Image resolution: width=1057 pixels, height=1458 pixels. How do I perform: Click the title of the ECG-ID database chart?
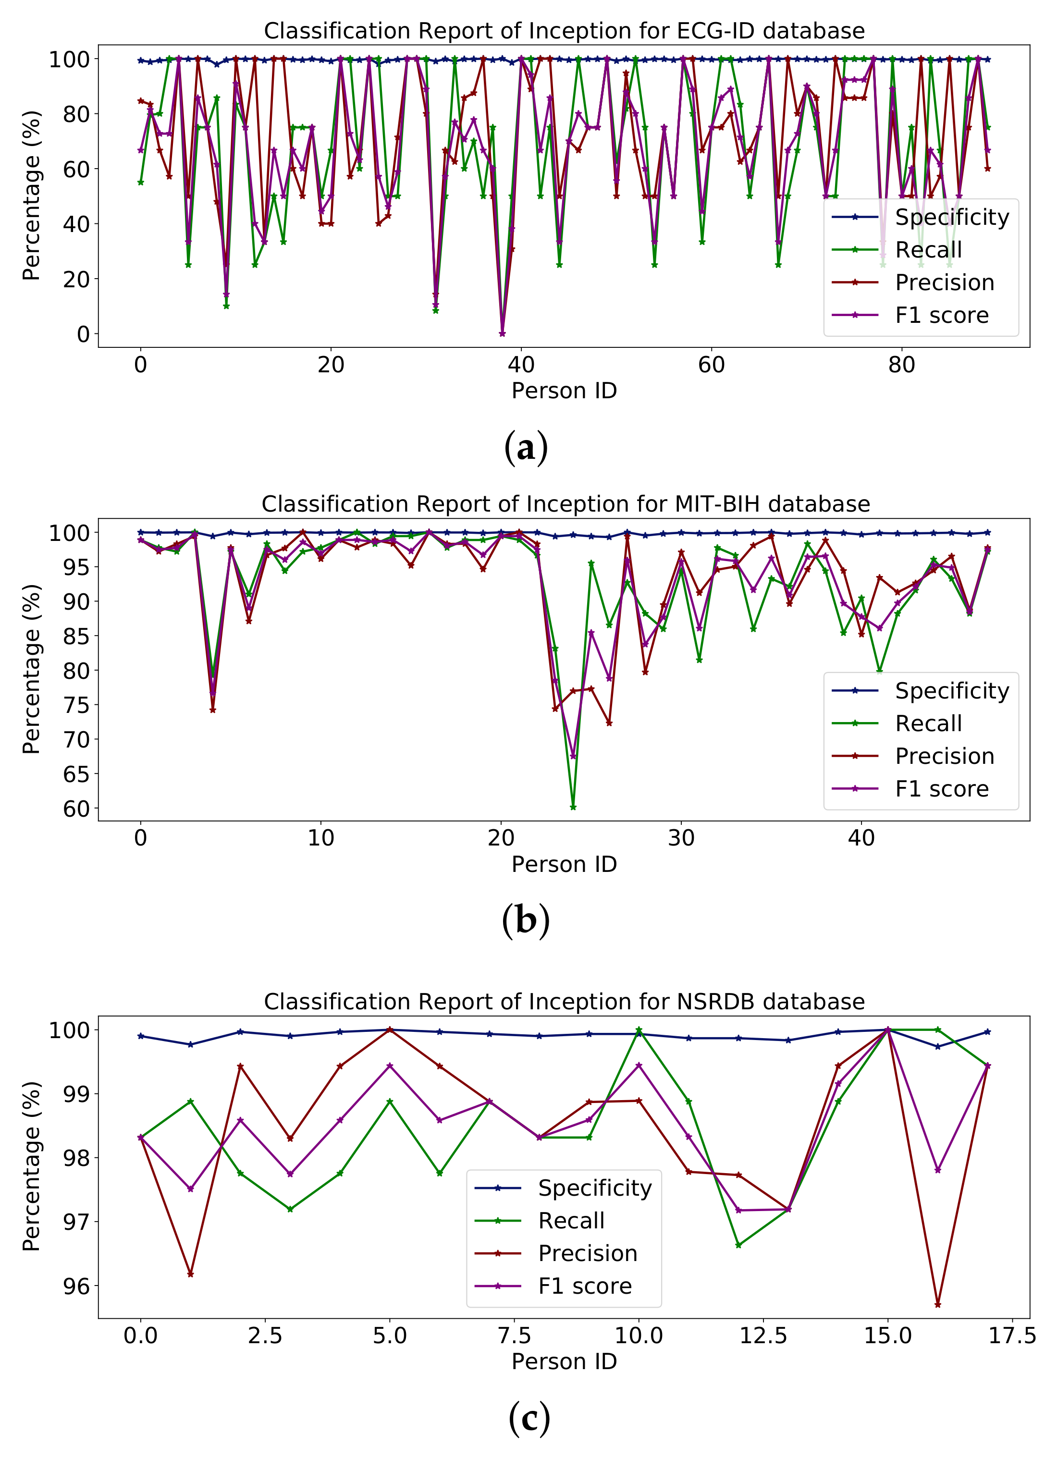pyautogui.click(x=564, y=31)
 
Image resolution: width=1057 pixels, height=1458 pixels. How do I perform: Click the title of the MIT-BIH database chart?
pyautogui.click(x=565, y=504)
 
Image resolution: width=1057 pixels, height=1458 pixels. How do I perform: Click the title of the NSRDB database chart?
pyautogui.click(x=564, y=1002)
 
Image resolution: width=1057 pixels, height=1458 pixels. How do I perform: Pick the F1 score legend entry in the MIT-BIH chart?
pyautogui.click(x=941, y=789)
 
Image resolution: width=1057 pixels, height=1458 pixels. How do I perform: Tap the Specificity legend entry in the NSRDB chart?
pyautogui.click(x=594, y=1188)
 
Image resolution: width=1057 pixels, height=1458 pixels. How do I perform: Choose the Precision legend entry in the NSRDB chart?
pyautogui.click(x=587, y=1253)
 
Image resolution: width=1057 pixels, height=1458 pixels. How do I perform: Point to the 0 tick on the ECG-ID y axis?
pyautogui.click(x=83, y=334)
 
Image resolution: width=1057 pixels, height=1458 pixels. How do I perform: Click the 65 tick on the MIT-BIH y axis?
pyautogui.click(x=76, y=773)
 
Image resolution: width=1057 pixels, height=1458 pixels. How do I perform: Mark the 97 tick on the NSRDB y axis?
pyautogui.click(x=76, y=1222)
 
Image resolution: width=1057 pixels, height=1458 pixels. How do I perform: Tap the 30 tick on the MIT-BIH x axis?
pyautogui.click(x=681, y=838)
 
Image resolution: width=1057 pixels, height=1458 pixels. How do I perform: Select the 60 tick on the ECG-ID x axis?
pyautogui.click(x=711, y=365)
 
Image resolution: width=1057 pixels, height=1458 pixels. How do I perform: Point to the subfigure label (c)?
pyautogui.click(x=528, y=1418)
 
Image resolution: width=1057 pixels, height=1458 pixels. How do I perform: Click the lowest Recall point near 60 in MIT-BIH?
pyautogui.click(x=573, y=807)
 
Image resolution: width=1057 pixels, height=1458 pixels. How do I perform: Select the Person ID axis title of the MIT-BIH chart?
pyautogui.click(x=564, y=864)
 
